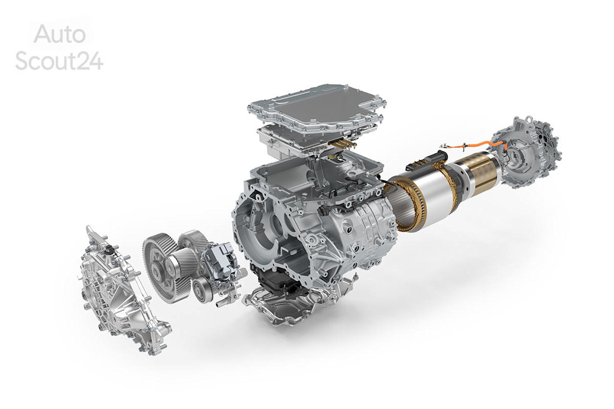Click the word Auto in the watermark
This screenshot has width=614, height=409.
pyautogui.click(x=59, y=35)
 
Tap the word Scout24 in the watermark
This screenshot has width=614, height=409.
pyautogui.click(x=59, y=60)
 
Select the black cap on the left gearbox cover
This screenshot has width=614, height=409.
pyautogui.click(x=109, y=246)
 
